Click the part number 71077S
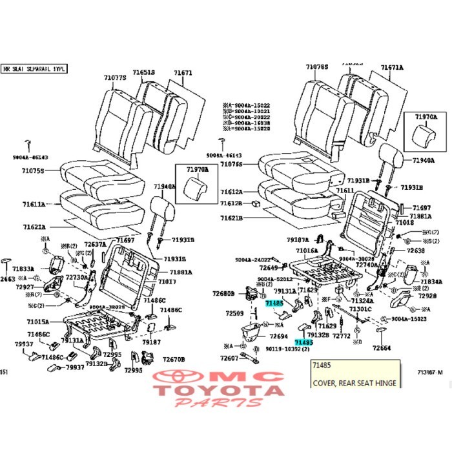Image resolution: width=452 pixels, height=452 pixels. click(x=115, y=78)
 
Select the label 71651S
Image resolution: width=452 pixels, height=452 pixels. click(x=144, y=73)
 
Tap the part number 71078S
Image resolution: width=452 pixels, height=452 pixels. click(x=318, y=67)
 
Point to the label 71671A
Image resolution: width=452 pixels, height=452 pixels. click(x=392, y=67)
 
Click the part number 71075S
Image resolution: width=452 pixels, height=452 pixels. click(x=33, y=172)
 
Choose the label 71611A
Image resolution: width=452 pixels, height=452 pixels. click(x=34, y=204)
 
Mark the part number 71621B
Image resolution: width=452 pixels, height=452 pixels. click(x=231, y=218)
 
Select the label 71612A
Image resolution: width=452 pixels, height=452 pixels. click(x=231, y=192)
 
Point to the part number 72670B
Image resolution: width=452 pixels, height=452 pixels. click(x=174, y=360)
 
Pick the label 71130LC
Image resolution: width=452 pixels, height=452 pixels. click(x=360, y=309)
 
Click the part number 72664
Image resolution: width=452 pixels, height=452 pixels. click(x=382, y=348)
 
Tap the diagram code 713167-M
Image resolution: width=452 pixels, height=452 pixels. click(x=430, y=372)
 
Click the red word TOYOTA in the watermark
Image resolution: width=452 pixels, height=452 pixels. click(x=220, y=390)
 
